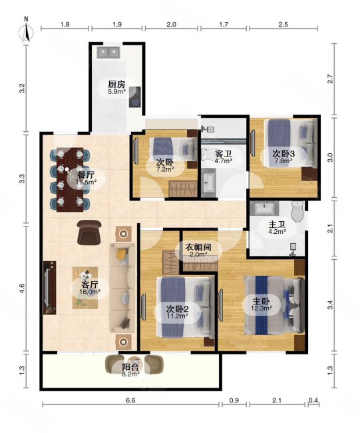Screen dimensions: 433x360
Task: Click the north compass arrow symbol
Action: pyautogui.click(x=25, y=31)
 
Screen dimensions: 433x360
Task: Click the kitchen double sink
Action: pyautogui.click(x=108, y=51)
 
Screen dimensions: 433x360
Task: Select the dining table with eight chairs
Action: pyautogui.click(x=69, y=178)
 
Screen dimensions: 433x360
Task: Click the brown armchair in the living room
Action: pyautogui.click(x=89, y=232)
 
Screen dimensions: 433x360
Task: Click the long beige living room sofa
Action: pyautogui.click(x=122, y=286)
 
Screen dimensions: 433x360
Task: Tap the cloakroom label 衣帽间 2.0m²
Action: pyautogui.click(x=196, y=249)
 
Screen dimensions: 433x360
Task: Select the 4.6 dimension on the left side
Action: pyautogui.click(x=22, y=288)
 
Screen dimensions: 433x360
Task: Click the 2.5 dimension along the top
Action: pyautogui.click(x=283, y=25)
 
